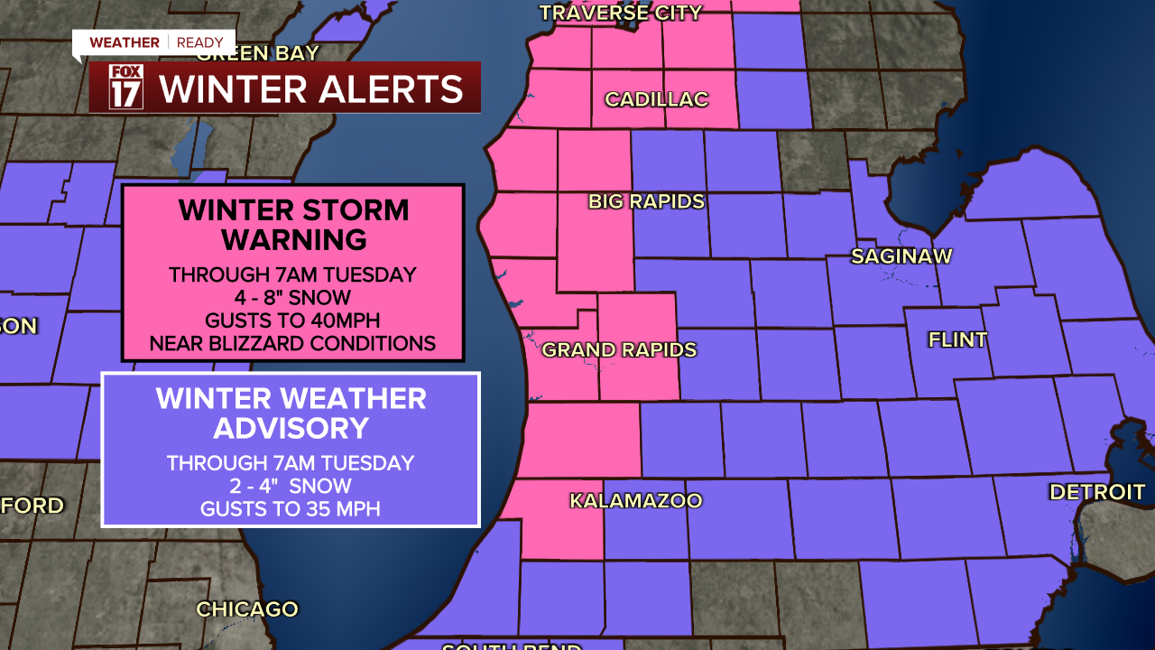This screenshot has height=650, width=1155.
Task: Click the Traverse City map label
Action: click(x=621, y=13)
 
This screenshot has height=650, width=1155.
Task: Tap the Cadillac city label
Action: click(x=656, y=99)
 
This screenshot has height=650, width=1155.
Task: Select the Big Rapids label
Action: click(x=646, y=201)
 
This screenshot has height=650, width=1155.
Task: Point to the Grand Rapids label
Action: click(x=619, y=349)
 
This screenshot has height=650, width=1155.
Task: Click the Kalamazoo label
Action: click(x=635, y=500)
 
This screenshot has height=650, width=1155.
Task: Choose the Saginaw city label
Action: click(x=901, y=256)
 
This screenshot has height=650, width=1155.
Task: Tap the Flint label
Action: click(x=957, y=340)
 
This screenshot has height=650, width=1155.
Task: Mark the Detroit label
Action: click(x=1096, y=492)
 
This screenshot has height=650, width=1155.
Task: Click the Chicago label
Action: click(x=247, y=609)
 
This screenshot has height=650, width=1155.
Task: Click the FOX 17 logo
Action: click(x=125, y=88)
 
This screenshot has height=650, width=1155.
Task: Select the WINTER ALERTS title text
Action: click(x=311, y=89)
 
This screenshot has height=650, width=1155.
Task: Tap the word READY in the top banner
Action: click(x=199, y=42)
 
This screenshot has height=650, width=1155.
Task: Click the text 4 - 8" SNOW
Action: click(x=292, y=297)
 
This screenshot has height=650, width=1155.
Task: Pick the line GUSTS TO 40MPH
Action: click(x=292, y=320)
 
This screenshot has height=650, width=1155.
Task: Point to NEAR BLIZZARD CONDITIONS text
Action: click(x=292, y=344)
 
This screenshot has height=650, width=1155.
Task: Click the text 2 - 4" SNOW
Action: click(x=290, y=487)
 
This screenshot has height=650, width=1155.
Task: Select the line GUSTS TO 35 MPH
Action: click(x=290, y=510)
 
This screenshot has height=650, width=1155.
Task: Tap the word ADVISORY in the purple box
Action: click(x=290, y=428)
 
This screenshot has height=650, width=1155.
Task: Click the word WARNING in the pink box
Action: click(x=294, y=240)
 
